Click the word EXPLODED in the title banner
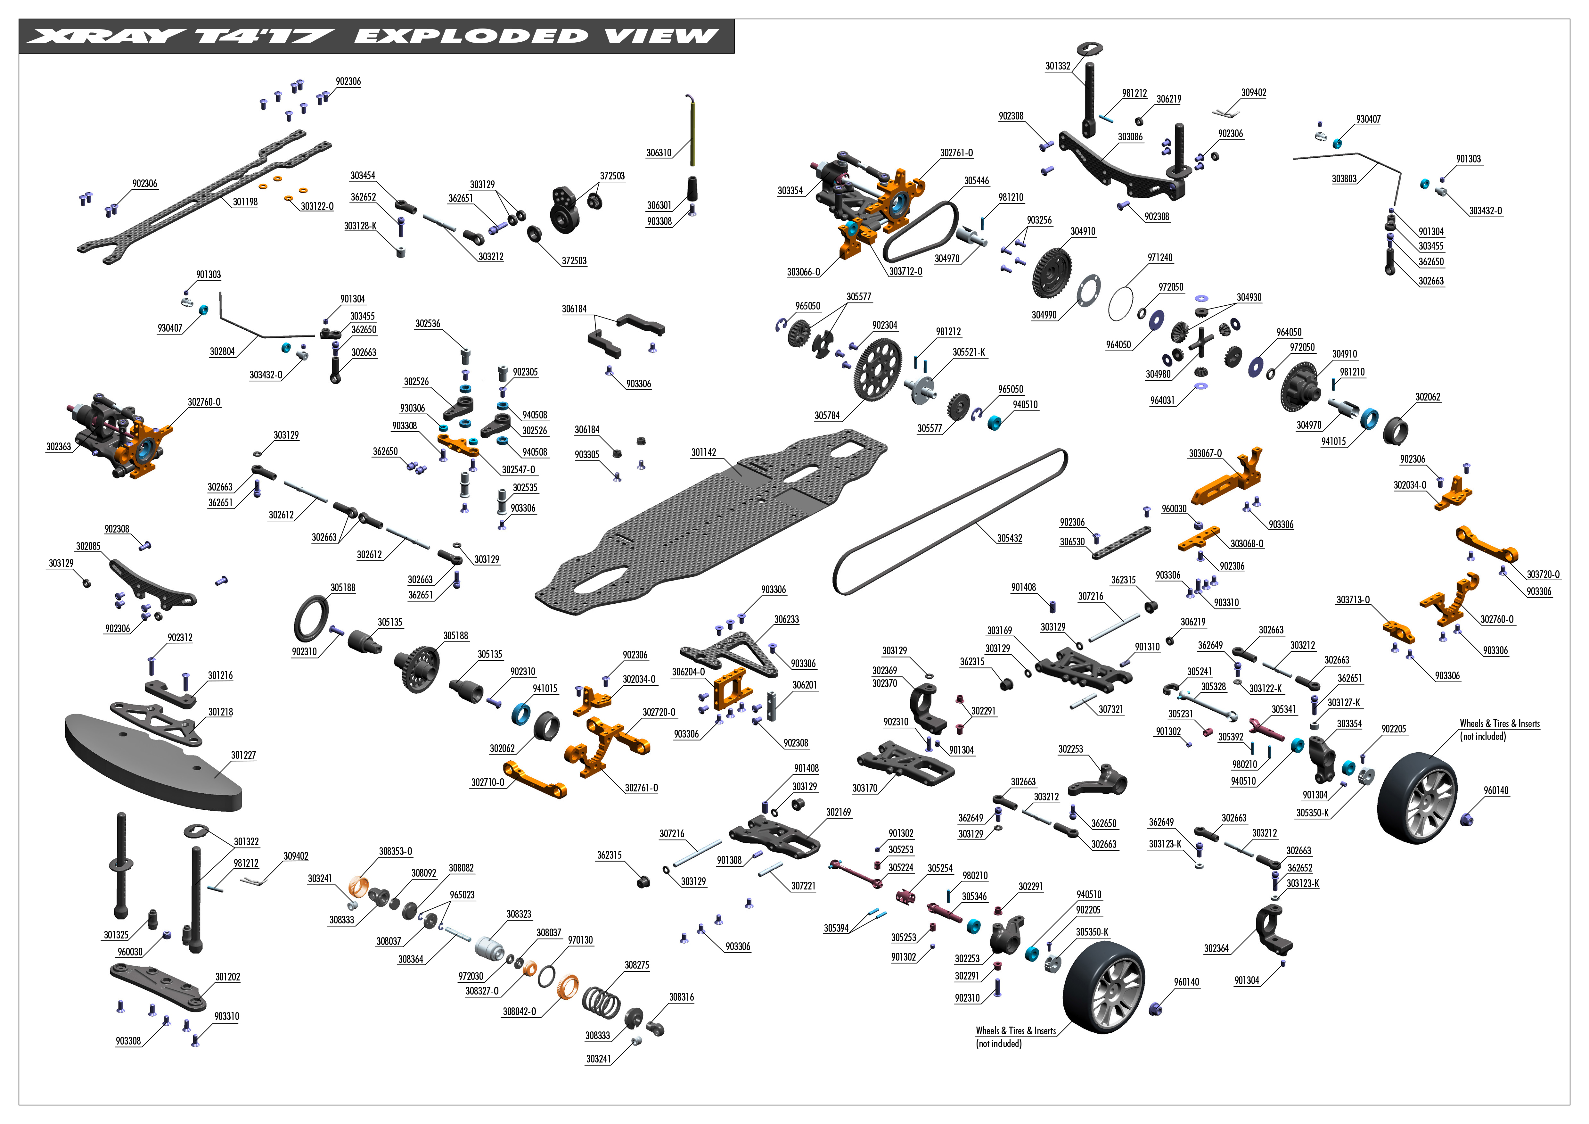471,36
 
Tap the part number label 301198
245,202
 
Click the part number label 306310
658,153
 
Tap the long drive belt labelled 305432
948,519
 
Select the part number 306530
1072,542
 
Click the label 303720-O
1543,574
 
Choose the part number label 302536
427,324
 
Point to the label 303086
1130,137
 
